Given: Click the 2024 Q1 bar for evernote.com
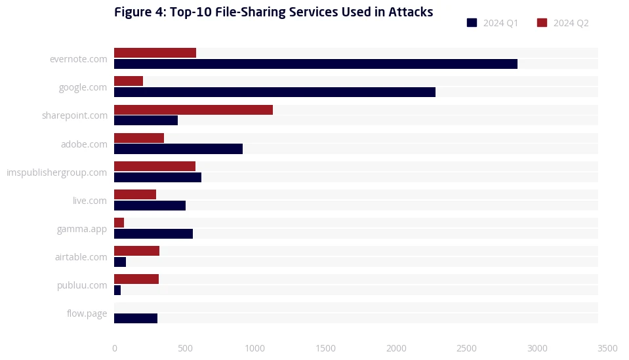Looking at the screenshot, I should click(x=315, y=64).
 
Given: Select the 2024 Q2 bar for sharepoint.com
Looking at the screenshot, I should click(x=193, y=110).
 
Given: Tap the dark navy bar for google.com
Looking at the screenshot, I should click(x=275, y=92).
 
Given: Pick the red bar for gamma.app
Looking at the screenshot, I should click(x=119, y=222).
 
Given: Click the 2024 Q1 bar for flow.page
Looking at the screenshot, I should click(x=136, y=318).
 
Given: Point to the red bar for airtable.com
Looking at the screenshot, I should click(x=136, y=250).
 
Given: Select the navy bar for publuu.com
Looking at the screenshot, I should click(x=117, y=290).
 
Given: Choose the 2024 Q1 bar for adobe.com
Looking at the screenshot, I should click(x=178, y=149).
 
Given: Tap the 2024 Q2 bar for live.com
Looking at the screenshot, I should click(x=135, y=194).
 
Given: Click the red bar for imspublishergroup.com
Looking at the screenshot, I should click(x=155, y=166).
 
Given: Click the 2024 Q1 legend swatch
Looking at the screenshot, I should click(x=472, y=23).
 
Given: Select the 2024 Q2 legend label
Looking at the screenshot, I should click(x=571, y=23).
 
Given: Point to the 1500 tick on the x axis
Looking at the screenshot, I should click(x=325, y=348).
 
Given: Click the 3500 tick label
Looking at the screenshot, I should click(x=607, y=348).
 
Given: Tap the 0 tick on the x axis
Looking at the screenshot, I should click(x=115, y=348).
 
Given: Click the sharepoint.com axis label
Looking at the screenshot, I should click(x=74, y=115).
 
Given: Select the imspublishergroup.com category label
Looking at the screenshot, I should click(x=56, y=172).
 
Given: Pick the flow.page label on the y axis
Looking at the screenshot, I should click(x=87, y=313).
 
